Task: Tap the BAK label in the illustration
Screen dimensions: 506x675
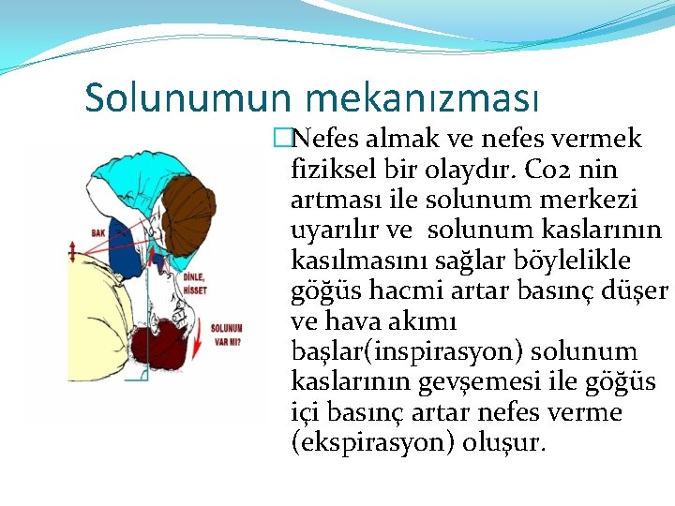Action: [98, 231]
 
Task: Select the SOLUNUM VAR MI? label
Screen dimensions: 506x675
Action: [225, 335]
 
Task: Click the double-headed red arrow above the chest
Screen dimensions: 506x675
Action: [72, 250]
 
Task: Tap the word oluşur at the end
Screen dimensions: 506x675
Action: [504, 442]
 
